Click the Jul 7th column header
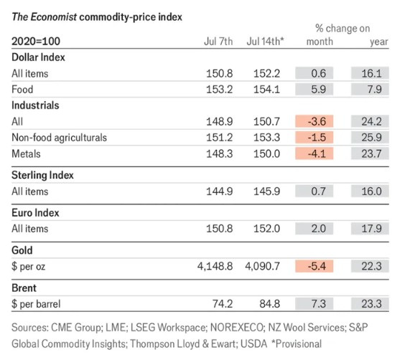pos(218,42)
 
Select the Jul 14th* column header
pos(265,42)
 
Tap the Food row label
pos(22,90)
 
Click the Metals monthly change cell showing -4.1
pos(314,153)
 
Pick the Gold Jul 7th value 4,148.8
pos(215,266)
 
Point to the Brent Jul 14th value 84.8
pos(269,303)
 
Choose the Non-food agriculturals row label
pos(60,138)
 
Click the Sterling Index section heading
pos(42,175)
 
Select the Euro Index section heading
pos(35,213)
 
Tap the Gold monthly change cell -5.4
pos(314,266)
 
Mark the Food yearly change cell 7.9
pos(370,90)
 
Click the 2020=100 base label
pos(36,41)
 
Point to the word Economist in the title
pos(54,17)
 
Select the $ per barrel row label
pos(36,304)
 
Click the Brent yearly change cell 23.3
pos(370,303)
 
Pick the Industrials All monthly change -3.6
pos(314,121)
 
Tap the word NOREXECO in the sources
pos(238,328)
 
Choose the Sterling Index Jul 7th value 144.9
pos(220,191)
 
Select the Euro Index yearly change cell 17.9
pos(370,229)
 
